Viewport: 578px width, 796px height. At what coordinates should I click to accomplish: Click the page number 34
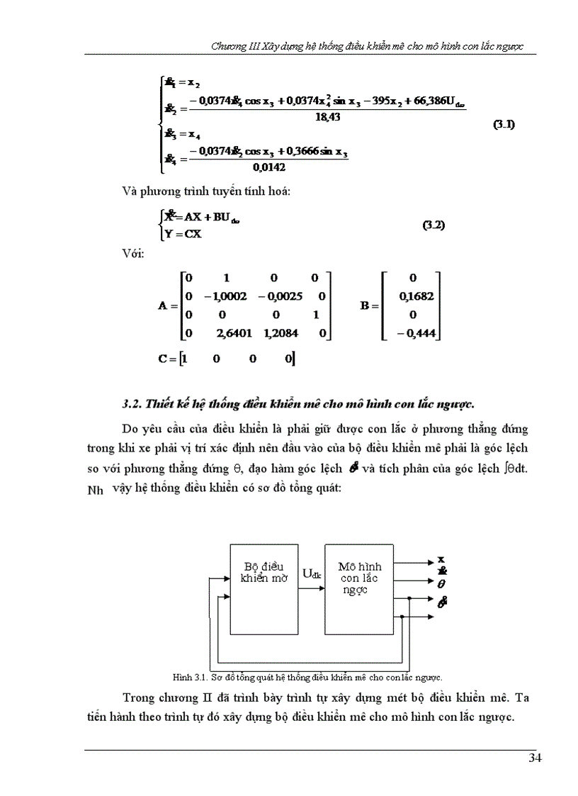[535, 759]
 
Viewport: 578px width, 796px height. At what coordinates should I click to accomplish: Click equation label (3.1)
[504, 125]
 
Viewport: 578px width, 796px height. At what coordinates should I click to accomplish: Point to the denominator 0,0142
[268, 167]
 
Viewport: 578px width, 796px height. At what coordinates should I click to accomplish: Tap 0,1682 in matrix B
[414, 296]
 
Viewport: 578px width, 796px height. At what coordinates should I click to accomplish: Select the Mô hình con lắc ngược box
[359, 589]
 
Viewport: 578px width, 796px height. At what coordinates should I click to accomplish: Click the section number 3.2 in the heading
[131, 404]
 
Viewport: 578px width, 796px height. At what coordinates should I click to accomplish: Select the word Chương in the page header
[229, 46]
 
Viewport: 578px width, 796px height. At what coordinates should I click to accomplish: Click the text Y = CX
[183, 234]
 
